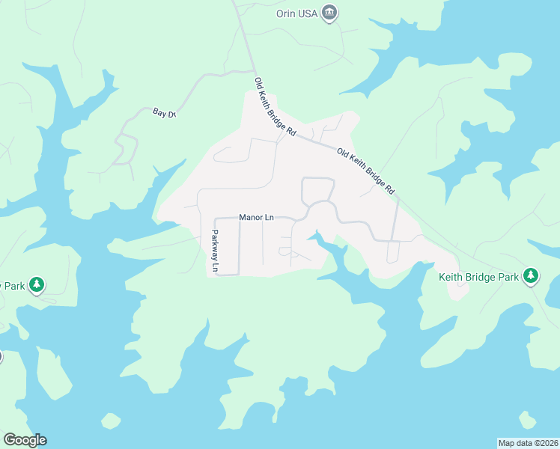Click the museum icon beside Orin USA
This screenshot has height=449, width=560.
[329, 13]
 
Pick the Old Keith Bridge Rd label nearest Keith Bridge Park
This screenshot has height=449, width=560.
[365, 171]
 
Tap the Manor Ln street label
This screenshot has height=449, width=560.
[257, 218]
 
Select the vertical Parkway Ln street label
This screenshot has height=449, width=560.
[215, 250]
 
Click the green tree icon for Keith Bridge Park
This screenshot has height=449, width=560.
[531, 277]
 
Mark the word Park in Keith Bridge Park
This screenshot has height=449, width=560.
[508, 278]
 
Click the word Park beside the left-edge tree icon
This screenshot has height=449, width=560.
[15, 286]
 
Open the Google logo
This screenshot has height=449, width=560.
[25, 440]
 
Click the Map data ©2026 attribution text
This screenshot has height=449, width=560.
[528, 442]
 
